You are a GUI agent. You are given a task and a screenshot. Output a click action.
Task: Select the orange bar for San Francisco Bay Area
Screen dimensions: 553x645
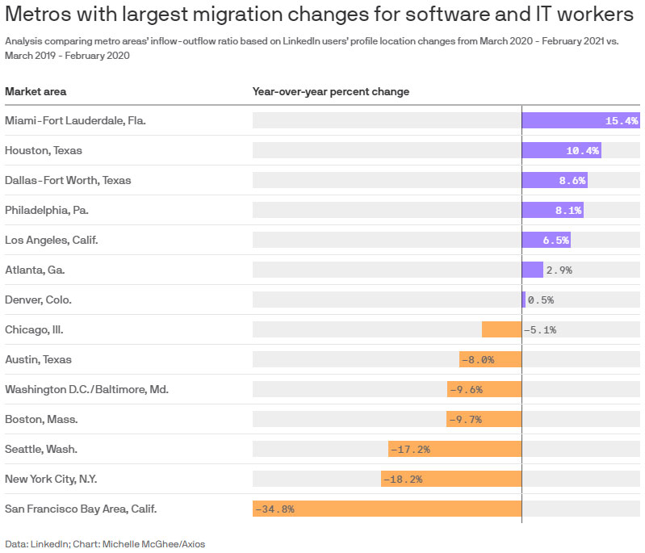(x=387, y=509)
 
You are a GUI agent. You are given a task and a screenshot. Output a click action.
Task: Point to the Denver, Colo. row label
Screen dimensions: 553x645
(x=38, y=300)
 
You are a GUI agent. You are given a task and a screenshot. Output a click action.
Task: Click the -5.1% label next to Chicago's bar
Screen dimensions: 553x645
(x=540, y=329)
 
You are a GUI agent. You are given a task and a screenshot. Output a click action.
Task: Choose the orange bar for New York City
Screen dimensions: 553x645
(x=451, y=479)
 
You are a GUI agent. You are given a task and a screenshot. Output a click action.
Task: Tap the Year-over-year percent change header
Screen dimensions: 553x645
(x=331, y=91)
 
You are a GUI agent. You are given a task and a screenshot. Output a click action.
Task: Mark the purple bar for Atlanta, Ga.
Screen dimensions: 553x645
(x=532, y=270)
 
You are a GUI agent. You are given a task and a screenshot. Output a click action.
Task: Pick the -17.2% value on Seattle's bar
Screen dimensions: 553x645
(x=409, y=449)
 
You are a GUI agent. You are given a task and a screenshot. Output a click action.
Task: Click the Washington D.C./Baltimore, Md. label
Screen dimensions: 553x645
(x=86, y=389)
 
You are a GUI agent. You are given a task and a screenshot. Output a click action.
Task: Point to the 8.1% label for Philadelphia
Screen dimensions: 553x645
(x=567, y=210)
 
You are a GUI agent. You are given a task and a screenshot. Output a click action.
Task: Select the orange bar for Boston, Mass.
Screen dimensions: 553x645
(x=484, y=419)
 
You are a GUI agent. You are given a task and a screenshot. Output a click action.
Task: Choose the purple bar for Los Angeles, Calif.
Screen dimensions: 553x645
(x=546, y=240)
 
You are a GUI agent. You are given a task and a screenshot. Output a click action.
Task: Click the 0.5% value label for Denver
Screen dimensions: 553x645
(x=541, y=300)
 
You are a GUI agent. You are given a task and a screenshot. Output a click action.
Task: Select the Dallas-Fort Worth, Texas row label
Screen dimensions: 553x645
(x=68, y=180)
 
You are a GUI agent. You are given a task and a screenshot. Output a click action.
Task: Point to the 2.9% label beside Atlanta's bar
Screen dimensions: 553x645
(x=559, y=270)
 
